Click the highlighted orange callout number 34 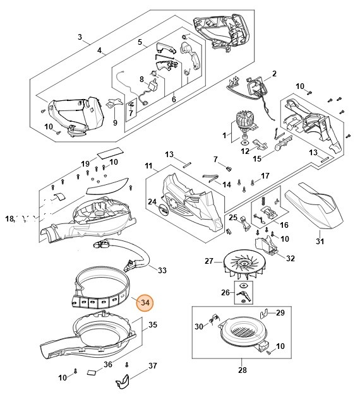coord(145,302)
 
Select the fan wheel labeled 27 coord(244,264)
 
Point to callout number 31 coord(320,241)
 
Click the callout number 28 coord(243,370)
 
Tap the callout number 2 coord(274,74)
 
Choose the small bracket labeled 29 coord(263,314)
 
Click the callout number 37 coord(152,365)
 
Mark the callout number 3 coord(80,37)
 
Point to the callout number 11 coord(149,166)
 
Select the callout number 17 coord(265,175)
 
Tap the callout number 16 coord(284,225)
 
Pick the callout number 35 coord(153,324)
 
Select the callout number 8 coord(141,80)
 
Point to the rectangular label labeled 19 coord(111,153)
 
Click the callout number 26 coord(225,292)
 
